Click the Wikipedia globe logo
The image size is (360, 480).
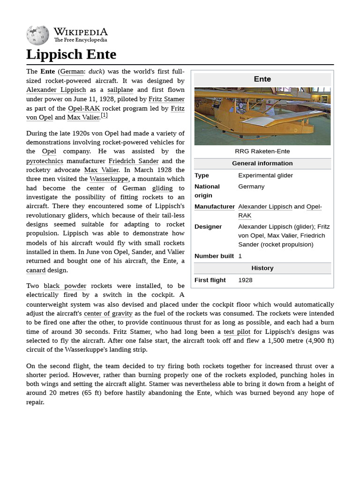(x=37, y=35)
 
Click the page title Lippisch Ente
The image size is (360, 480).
(x=71, y=54)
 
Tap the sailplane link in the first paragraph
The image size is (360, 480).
(x=120, y=90)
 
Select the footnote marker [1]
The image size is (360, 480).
(x=104, y=116)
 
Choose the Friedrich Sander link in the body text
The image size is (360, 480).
(x=133, y=161)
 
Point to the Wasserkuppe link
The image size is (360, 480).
(x=108, y=179)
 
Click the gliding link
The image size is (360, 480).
(x=162, y=188)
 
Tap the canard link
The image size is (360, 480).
(x=36, y=270)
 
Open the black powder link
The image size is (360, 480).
(x=65, y=285)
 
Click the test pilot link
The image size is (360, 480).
(x=237, y=331)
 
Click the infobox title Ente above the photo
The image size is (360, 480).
(x=262, y=79)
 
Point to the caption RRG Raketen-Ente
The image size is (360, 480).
(x=262, y=151)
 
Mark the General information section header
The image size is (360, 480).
(x=262, y=163)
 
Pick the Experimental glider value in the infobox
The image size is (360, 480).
(x=265, y=175)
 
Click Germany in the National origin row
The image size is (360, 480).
(x=251, y=187)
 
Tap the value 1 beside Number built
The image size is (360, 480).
(x=240, y=256)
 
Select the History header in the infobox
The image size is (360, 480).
(x=262, y=268)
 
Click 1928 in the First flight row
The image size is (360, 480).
(x=245, y=280)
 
